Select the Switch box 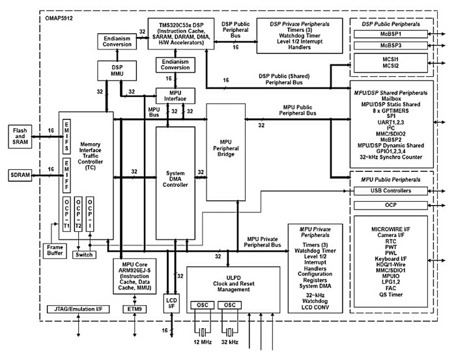84,255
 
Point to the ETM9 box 135,308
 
